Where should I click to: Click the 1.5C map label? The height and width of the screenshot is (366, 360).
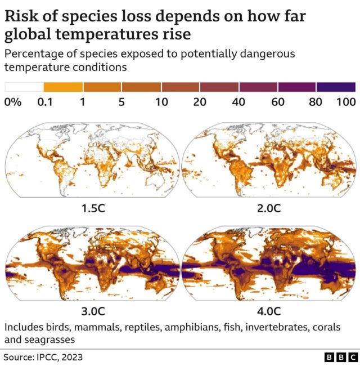tap(93, 208)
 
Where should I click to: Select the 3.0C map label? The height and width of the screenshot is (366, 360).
tap(93, 310)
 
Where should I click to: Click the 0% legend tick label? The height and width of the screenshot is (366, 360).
tap(13, 102)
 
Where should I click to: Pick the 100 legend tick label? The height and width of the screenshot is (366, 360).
tap(346, 102)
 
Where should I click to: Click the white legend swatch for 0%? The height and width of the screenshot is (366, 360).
tap(24, 87)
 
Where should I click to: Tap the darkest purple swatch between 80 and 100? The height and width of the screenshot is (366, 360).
tap(336, 87)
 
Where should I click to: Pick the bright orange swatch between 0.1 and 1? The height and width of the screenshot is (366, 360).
tap(63, 87)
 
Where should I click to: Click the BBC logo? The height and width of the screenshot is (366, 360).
tap(341, 358)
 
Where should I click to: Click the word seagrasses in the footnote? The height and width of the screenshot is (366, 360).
tap(49, 340)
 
